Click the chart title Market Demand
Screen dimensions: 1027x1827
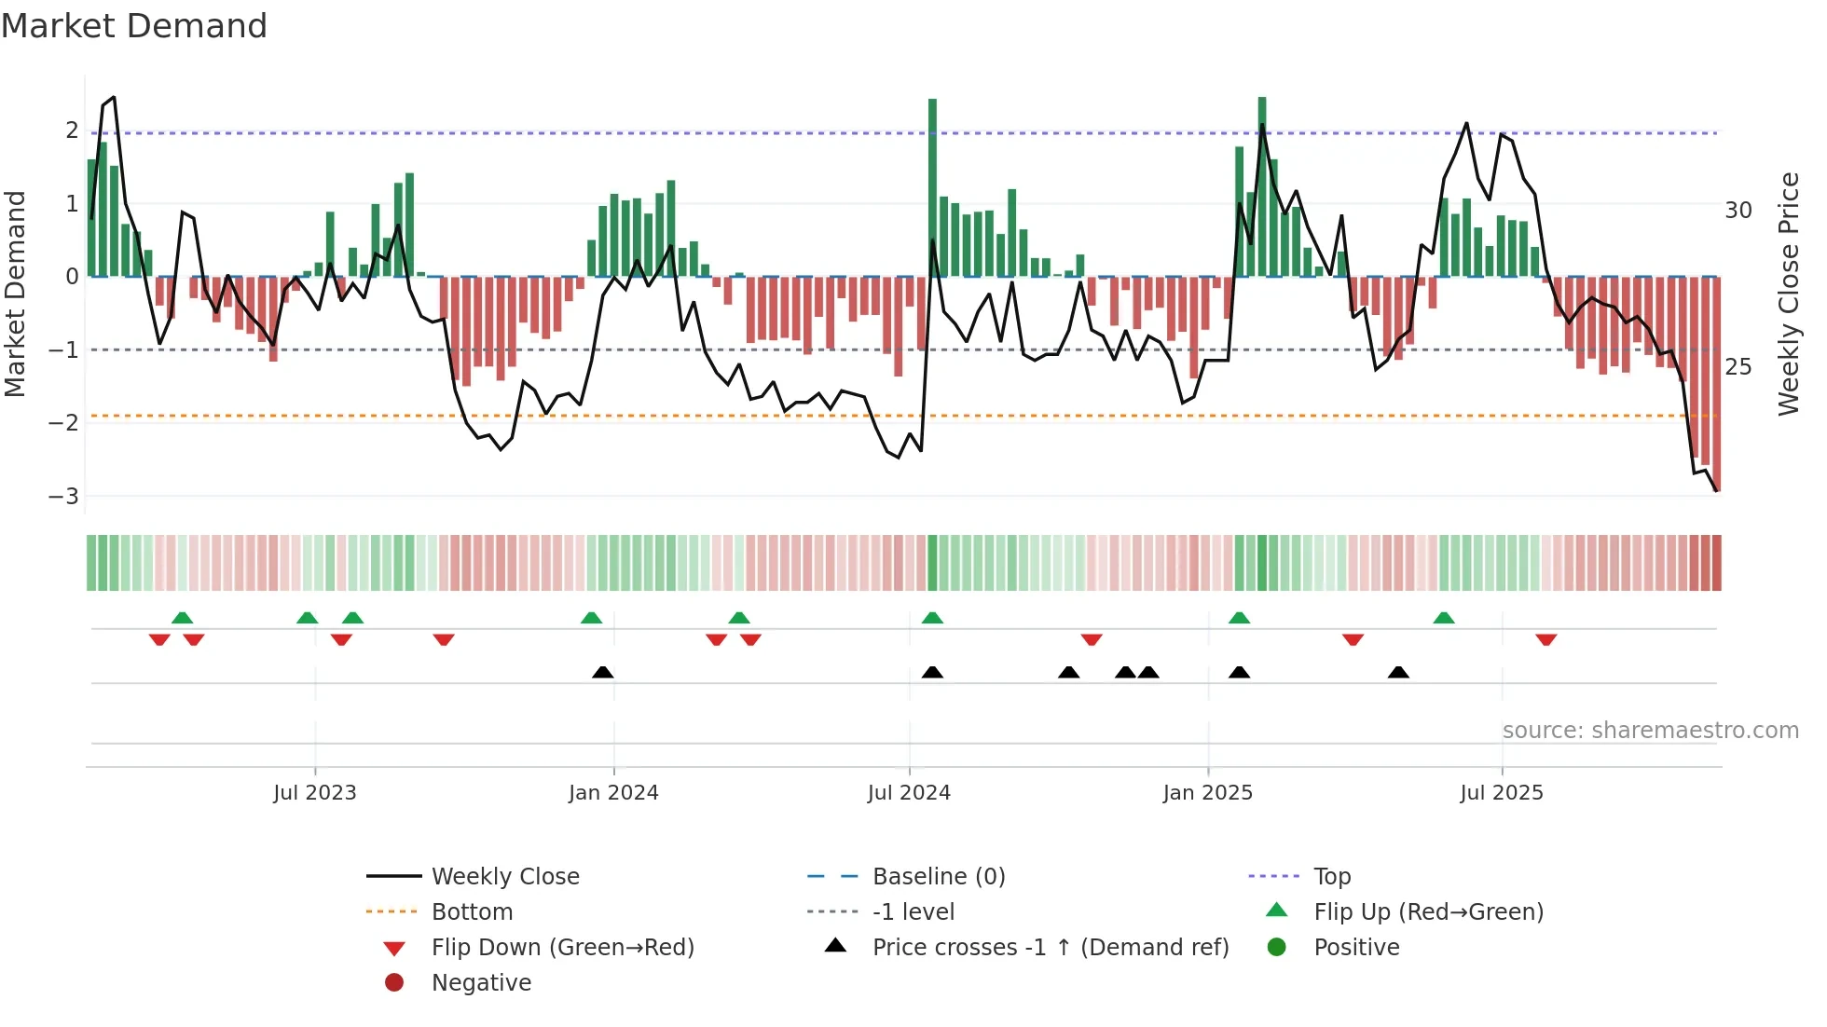[x=134, y=26]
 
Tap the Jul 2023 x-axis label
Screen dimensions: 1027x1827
[x=314, y=793]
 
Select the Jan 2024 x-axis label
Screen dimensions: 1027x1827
[x=613, y=793]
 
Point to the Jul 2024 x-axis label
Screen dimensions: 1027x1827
[x=909, y=793]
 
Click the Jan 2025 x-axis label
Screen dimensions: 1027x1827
[x=1208, y=793]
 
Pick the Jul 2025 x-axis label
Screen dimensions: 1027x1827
[x=1502, y=793]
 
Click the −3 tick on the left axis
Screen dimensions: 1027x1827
[x=63, y=496]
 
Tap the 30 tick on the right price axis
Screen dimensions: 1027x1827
[x=1738, y=211]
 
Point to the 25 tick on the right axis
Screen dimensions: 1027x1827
[x=1738, y=367]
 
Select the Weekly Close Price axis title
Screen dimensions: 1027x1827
[x=1788, y=294]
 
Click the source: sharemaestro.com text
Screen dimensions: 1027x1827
[x=1650, y=731]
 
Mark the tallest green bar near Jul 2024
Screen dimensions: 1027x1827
[x=932, y=186]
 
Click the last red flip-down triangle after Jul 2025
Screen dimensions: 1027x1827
[x=1546, y=639]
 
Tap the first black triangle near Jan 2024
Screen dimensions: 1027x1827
[x=603, y=672]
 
